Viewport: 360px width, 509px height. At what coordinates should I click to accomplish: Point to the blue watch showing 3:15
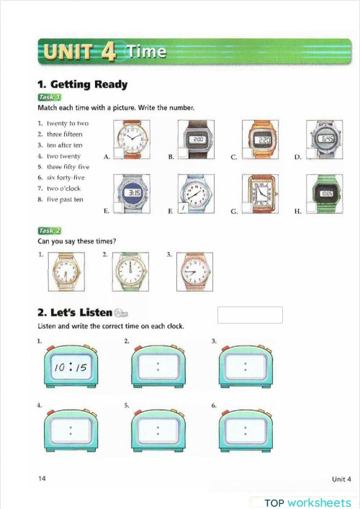pyautogui.click(x=134, y=193)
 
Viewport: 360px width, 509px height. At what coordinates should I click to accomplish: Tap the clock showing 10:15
pyautogui.click(x=70, y=369)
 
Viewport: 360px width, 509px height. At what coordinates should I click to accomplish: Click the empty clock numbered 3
pyautogui.click(x=246, y=369)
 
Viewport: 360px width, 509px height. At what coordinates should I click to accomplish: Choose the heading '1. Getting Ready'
pyautogui.click(x=82, y=84)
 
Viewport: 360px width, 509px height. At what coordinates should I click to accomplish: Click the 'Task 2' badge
pyautogui.click(x=49, y=230)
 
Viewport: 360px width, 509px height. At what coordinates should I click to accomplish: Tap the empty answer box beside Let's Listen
pyautogui.click(x=250, y=315)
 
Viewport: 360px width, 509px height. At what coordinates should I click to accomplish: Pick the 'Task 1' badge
pyautogui.click(x=49, y=97)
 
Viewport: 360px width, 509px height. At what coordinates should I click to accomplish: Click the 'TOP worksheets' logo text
pyautogui.click(x=307, y=502)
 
